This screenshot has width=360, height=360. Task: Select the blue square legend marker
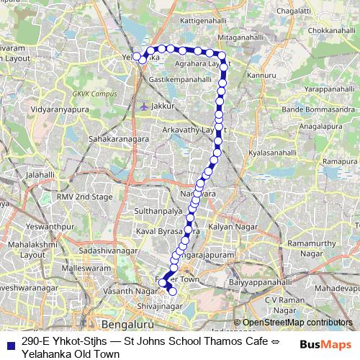click(9, 343)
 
